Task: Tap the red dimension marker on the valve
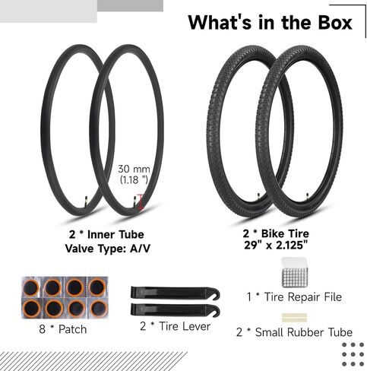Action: tap(141, 202)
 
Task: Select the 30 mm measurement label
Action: tap(134, 169)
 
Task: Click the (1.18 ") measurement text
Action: tap(134, 180)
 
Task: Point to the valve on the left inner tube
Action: tap(86, 199)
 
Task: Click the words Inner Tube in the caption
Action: tap(115, 234)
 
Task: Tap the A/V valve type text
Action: tap(140, 249)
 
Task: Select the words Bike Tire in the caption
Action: tap(285, 233)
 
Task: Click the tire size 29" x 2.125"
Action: tap(276, 245)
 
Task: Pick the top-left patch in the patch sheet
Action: tap(31, 287)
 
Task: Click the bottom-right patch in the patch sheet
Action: tap(98, 309)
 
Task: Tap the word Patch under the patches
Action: tap(73, 329)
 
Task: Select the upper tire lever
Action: tap(175, 293)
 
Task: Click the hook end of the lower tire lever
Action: tap(214, 311)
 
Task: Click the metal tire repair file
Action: tap(294, 273)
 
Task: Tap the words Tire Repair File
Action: tap(303, 297)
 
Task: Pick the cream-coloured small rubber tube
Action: tap(294, 318)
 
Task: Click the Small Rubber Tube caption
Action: tap(304, 332)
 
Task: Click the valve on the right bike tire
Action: tap(308, 195)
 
